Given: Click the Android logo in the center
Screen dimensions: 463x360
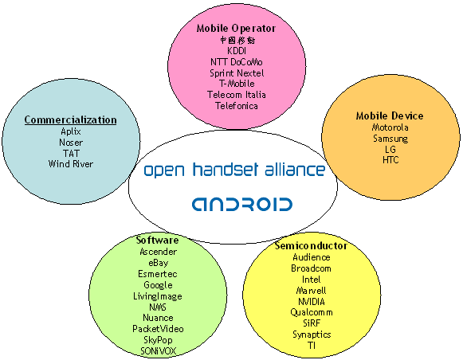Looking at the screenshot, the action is tap(242, 204).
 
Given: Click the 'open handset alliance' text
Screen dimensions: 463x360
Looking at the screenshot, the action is tap(235, 170).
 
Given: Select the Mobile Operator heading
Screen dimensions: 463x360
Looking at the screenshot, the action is tap(236, 29).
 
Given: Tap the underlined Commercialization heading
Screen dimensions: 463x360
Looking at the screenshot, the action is tap(71, 120).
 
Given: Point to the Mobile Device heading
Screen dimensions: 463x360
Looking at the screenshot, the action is tap(390, 115).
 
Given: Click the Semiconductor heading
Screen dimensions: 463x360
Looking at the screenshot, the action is tap(311, 245).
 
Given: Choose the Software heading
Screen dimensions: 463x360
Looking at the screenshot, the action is tap(157, 240).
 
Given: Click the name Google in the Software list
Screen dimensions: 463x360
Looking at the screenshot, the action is tap(158, 285).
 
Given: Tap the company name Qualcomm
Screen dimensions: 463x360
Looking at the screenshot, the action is tap(312, 312).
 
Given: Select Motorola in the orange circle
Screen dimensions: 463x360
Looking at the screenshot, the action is tap(390, 127).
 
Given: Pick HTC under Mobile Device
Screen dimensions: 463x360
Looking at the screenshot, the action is tap(390, 160).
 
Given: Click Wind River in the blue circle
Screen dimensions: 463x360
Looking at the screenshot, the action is tap(71, 164).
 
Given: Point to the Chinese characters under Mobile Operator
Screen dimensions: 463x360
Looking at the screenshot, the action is tap(237, 40).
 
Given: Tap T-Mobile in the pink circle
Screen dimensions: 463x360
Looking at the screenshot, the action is tap(237, 84).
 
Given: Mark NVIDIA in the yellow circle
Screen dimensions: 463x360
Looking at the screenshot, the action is tap(312, 302).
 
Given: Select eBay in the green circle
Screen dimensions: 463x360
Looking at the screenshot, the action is tap(159, 263).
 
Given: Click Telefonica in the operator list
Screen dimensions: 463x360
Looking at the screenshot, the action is tap(237, 106).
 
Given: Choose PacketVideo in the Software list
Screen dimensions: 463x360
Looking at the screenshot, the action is tap(158, 329).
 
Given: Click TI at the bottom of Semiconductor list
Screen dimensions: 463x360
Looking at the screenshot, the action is tap(312, 345).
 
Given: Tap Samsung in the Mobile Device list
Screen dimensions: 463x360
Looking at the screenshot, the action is tap(390, 139).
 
